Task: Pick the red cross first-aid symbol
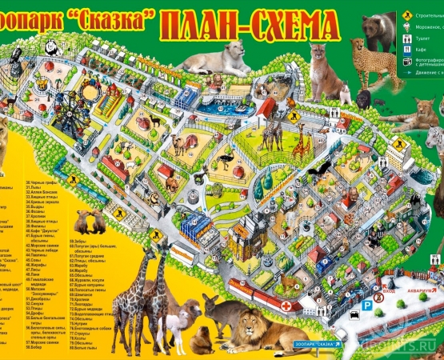[x=286, y=306]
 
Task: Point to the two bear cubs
[x=89, y=222]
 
